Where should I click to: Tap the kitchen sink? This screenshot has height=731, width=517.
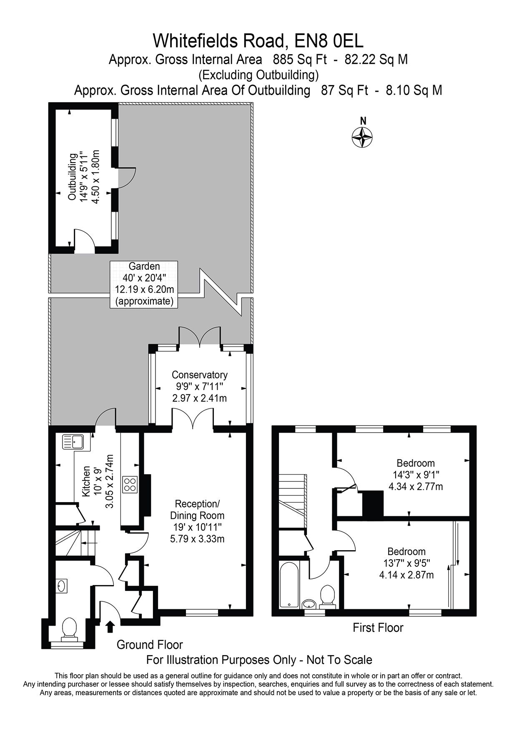click(73, 442)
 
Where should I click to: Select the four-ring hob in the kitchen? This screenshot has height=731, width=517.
click(129, 485)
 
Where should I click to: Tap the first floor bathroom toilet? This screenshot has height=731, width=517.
click(327, 595)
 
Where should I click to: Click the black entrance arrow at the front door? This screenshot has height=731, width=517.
click(110, 627)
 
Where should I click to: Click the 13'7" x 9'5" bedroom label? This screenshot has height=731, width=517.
click(407, 563)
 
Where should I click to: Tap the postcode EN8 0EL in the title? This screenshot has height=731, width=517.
click(329, 41)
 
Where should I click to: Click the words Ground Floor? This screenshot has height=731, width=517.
click(150, 645)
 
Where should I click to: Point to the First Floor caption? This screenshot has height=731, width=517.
click(378, 627)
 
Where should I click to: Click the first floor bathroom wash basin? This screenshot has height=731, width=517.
click(309, 603)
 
